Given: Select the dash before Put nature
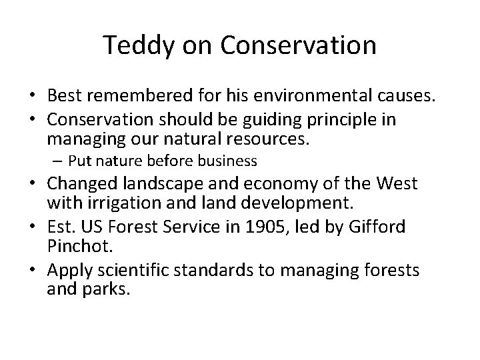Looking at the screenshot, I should [59, 161].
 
